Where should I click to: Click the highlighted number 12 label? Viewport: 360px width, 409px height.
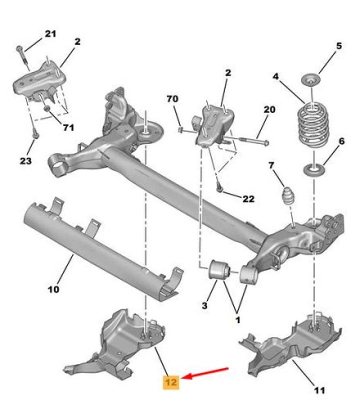click(x=170, y=383)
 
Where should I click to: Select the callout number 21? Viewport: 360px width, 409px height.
click(x=51, y=34)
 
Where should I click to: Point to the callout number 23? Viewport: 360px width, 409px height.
click(x=25, y=161)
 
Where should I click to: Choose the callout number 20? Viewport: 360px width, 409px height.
click(x=269, y=109)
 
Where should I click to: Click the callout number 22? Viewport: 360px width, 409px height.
click(x=248, y=199)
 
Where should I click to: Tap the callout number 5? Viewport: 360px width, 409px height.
click(x=338, y=46)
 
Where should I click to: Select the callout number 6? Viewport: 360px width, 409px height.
click(x=341, y=141)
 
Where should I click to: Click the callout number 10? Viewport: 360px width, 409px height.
click(x=53, y=289)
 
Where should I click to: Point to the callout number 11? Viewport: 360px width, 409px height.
click(x=319, y=390)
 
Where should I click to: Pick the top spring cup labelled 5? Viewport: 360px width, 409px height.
click(x=311, y=80)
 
